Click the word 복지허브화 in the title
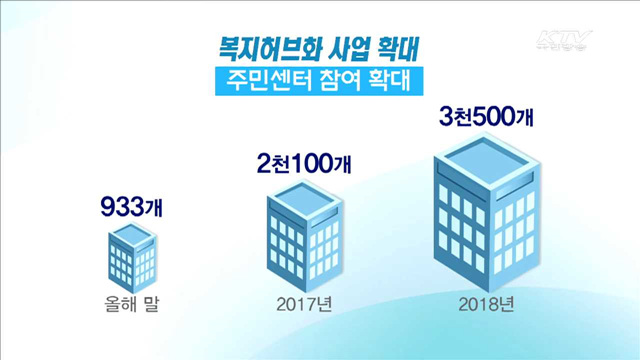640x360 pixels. [x=264, y=47]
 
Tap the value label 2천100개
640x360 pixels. [x=305, y=161]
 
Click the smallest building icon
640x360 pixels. [x=131, y=256]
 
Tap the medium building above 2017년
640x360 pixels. [x=306, y=236]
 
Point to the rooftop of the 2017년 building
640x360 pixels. [x=306, y=201]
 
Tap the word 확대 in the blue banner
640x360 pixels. [x=385, y=80]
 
